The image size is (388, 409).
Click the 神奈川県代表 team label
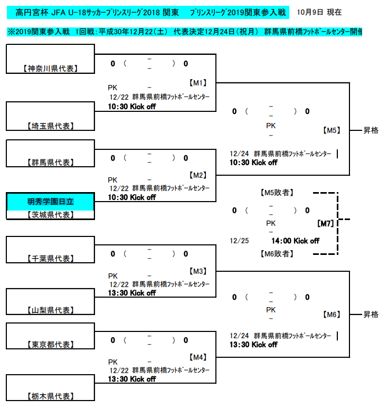(50, 69)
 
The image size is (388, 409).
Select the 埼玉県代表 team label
(50, 126)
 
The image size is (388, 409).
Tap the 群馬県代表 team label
(50, 163)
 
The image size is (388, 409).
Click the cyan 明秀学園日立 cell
(51, 201)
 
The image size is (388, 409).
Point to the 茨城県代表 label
(50, 215)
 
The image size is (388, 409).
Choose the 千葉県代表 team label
(50, 259)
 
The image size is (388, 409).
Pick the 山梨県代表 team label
(50, 310)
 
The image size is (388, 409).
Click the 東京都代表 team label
(50, 345)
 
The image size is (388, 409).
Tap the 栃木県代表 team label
(50, 396)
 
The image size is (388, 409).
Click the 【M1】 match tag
(198, 83)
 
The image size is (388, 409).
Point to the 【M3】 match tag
(198, 271)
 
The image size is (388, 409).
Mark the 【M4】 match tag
(198, 357)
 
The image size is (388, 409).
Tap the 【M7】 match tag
(326, 224)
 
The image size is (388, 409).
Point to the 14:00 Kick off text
(295, 241)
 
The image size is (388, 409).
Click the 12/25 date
(239, 241)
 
